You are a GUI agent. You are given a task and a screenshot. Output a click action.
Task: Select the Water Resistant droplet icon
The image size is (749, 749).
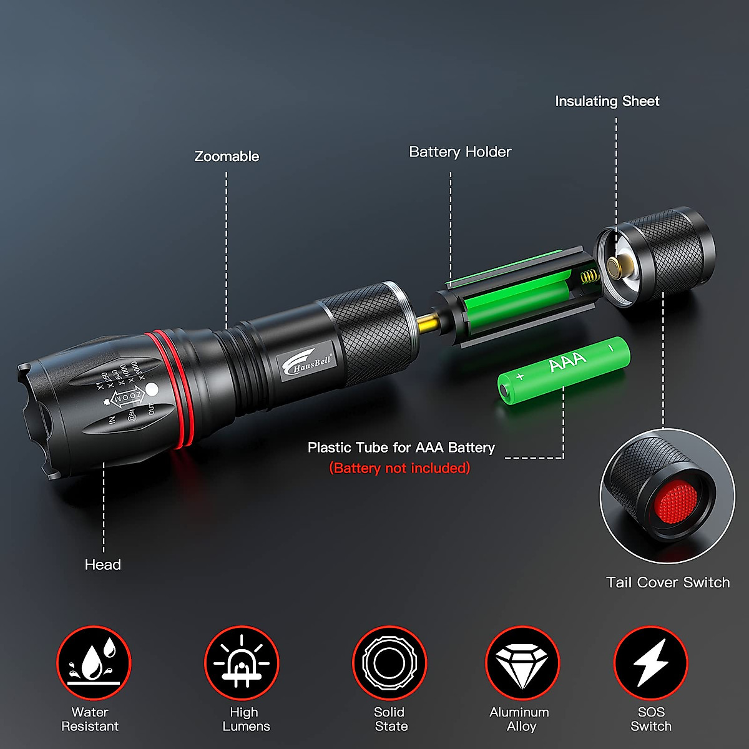click(x=94, y=663)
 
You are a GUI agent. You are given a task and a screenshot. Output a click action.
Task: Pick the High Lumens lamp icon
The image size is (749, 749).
click(x=242, y=663)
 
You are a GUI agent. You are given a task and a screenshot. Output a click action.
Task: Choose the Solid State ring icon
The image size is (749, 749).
click(x=389, y=663)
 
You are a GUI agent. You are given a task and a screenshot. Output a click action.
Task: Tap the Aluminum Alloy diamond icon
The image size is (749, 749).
click(x=522, y=663)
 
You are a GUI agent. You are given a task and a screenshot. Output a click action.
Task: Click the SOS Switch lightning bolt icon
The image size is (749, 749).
click(x=650, y=663)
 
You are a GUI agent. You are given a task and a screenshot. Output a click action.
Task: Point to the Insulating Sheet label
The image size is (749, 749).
click(x=607, y=101)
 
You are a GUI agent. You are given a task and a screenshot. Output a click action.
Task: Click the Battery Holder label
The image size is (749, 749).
click(x=460, y=152)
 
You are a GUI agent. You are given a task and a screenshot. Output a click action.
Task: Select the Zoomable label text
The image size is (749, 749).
click(x=227, y=157)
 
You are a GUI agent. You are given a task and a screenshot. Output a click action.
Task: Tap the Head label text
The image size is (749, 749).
click(x=103, y=565)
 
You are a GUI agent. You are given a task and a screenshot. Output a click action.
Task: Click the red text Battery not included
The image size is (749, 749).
click(x=399, y=468)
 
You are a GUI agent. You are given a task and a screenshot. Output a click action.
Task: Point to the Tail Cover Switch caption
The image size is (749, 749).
click(x=668, y=582)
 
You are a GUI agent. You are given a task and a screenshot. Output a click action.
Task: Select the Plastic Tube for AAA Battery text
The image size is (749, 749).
click(x=401, y=448)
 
